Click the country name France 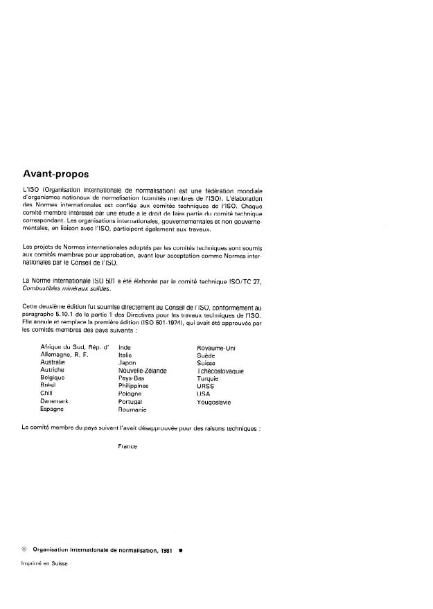128,446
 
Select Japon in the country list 127,362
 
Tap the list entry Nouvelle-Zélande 143,371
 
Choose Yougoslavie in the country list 214,402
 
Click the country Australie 53,362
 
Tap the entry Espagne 53,409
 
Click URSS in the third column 206,386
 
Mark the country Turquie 208,378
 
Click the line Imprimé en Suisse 44,563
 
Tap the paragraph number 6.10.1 68,315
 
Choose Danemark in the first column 55,402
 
